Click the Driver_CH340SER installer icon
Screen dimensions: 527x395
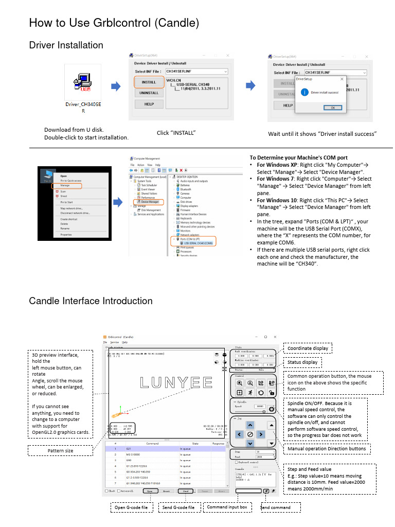(82, 82)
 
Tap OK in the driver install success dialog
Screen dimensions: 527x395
(333, 108)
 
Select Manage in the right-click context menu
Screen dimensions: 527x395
(65, 185)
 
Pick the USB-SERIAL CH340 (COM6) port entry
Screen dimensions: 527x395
(197, 243)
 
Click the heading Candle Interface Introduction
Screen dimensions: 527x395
(91, 301)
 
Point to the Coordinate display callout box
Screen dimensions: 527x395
(308, 348)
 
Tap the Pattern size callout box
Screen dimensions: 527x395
(60, 451)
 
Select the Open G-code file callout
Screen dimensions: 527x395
(133, 507)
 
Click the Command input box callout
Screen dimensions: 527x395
(227, 507)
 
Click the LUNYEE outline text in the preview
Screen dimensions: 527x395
(169, 382)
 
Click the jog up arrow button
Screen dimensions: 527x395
(249, 426)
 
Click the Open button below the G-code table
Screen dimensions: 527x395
(149, 491)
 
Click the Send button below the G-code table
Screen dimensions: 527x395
(185, 491)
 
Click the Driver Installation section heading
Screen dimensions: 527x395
(66, 45)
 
